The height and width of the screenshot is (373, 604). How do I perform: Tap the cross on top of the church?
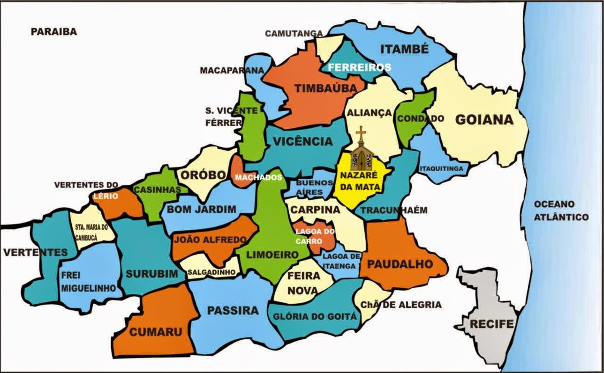tap(361, 133)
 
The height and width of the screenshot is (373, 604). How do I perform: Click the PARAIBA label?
tap(53, 32)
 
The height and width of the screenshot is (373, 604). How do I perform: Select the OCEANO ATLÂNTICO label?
tap(561, 211)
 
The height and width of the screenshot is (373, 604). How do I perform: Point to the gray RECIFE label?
tap(492, 324)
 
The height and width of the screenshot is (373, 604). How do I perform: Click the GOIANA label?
tap(484, 120)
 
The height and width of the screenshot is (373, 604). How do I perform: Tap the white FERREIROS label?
tap(359, 67)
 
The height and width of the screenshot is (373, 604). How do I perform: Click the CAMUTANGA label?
tap(294, 34)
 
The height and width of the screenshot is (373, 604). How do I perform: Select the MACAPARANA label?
tap(232, 71)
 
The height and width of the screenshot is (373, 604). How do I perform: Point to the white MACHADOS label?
tap(258, 177)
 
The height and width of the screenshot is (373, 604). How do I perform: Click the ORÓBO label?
tap(203, 175)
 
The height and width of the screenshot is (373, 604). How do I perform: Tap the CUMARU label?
tap(155, 332)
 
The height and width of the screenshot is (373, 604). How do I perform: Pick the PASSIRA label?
tap(233, 310)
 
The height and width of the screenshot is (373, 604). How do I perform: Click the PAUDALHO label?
tap(400, 264)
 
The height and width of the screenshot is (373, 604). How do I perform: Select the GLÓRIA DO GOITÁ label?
tap(315, 317)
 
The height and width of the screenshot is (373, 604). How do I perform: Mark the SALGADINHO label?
tap(211, 272)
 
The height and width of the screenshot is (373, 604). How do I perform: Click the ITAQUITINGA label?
tap(441, 168)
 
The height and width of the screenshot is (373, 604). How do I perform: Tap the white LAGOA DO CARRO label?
tap(315, 236)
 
